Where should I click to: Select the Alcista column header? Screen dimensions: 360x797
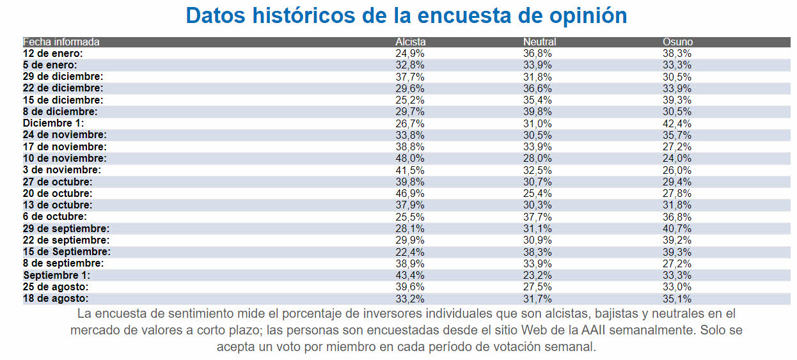[410, 42]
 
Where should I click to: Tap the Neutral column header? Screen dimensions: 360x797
[539, 42]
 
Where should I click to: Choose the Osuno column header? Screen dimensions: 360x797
[677, 42]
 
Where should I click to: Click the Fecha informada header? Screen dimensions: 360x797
[61, 42]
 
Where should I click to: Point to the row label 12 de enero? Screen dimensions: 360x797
[53, 54]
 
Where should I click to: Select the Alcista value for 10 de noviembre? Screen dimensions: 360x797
[410, 159]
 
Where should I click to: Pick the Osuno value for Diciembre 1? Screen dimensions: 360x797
[677, 123]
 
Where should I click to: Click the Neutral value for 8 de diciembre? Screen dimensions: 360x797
[538, 112]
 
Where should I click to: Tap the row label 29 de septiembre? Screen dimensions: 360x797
[67, 228]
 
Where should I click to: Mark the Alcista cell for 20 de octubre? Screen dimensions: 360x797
[410, 193]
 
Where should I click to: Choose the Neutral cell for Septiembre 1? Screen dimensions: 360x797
[538, 275]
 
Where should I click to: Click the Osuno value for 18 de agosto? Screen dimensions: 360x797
[677, 299]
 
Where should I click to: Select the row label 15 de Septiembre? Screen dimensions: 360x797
[67, 252]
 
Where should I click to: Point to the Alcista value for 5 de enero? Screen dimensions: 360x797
[410, 65]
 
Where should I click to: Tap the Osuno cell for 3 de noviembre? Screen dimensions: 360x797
[677, 170]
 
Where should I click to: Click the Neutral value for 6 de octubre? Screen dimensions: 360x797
[538, 217]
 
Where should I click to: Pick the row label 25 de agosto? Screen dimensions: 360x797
[56, 286]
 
